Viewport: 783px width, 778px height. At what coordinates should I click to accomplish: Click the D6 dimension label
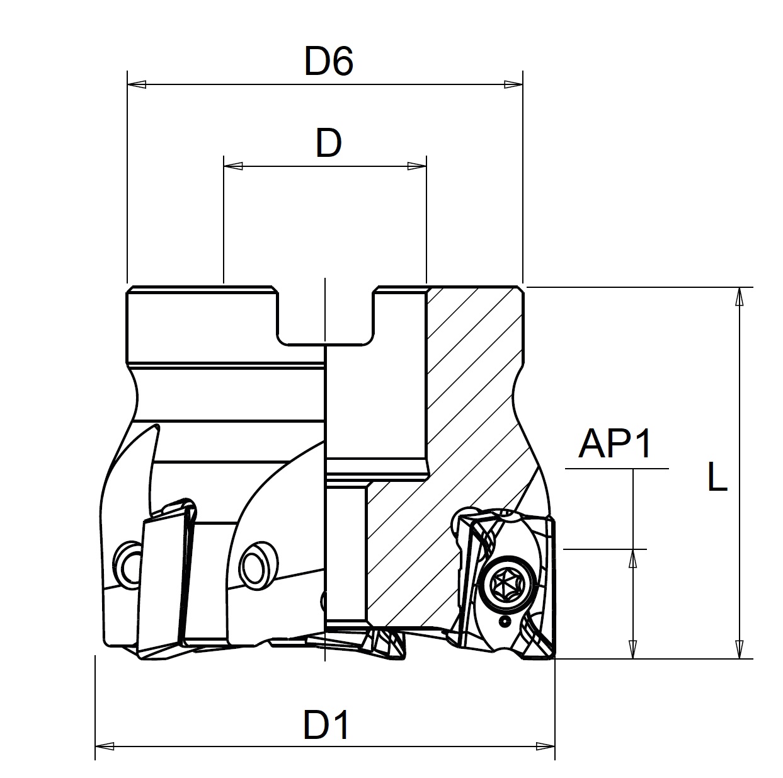point(328,62)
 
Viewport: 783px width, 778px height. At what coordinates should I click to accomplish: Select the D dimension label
point(328,144)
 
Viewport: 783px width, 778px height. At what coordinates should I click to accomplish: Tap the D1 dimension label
point(326,725)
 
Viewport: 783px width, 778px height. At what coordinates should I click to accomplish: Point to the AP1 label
point(616,445)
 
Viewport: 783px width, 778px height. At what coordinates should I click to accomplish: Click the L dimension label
point(717,478)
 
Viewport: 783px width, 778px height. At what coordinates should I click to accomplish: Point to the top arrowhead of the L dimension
point(740,297)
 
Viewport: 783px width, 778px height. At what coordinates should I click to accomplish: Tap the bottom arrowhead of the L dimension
point(740,650)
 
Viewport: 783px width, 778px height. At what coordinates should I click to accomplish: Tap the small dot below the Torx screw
point(505,622)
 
